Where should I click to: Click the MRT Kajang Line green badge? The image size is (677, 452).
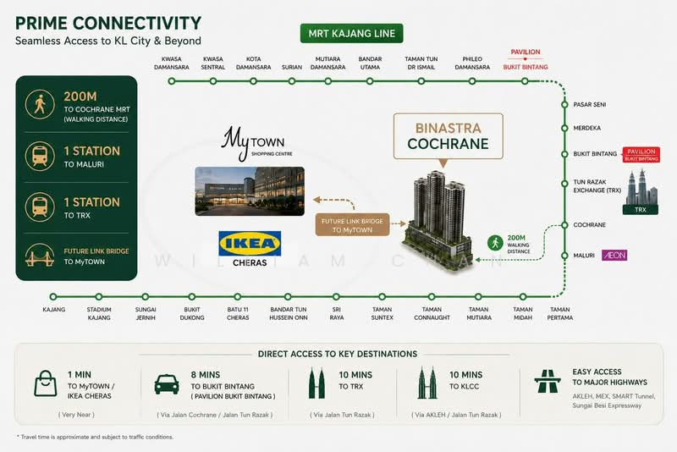[x=351, y=34]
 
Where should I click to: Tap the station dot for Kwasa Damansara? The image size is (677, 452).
[x=172, y=81]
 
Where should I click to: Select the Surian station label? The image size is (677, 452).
[x=292, y=68]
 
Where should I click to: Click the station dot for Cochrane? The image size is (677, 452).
[x=564, y=225]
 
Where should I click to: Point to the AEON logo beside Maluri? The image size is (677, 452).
[x=614, y=255]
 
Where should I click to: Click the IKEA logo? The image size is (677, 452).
[x=250, y=244]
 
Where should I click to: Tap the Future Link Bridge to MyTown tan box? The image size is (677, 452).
[x=352, y=225]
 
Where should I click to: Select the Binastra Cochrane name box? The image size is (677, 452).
[x=449, y=136]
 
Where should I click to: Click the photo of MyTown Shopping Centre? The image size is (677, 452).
[x=250, y=190]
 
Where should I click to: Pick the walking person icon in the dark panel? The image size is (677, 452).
[x=40, y=104]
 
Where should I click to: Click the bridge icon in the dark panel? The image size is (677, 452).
[x=40, y=255]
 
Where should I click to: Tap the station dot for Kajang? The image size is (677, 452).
[x=53, y=296]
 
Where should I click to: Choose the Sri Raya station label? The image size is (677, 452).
[x=337, y=313]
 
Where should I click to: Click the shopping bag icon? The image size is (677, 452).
[x=46, y=383]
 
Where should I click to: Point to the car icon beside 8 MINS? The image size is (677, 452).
[x=167, y=383]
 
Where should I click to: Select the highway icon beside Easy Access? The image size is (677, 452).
[x=548, y=381]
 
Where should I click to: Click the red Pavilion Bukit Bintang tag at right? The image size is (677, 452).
[x=641, y=155]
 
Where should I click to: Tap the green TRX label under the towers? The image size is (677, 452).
[x=641, y=210]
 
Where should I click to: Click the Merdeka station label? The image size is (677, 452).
[x=586, y=128]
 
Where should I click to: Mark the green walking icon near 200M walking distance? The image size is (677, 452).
[x=495, y=243]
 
